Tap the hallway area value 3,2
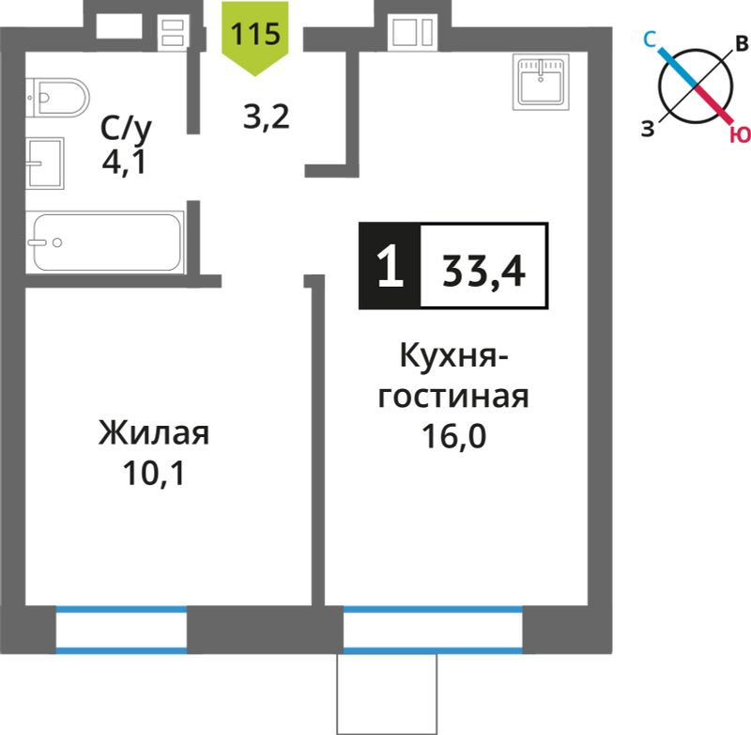click(267, 117)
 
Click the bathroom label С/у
click(126, 130)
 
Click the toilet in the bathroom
click(57, 98)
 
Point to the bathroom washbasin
click(44, 164)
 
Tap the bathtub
click(105, 242)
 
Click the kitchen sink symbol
click(541, 82)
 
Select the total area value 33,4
click(483, 272)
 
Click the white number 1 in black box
click(390, 265)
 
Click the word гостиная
click(453, 397)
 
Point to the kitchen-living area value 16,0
click(453, 436)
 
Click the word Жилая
click(154, 433)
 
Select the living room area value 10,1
click(154, 473)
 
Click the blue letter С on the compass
click(650, 39)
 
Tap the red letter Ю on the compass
click(741, 135)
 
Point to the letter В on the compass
click(742, 43)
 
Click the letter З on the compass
click(648, 129)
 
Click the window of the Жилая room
click(121, 630)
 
